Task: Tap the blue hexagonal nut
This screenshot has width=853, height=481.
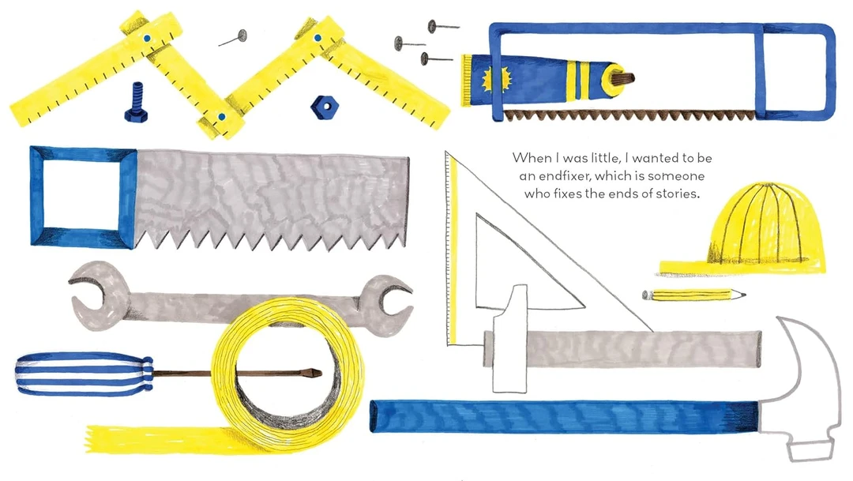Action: point(325,107)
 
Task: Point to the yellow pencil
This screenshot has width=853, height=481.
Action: point(693,295)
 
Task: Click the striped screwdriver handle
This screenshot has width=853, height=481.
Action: point(85,374)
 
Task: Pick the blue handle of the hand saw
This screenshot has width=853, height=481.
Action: point(83,197)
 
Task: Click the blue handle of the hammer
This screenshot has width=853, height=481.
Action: point(564,417)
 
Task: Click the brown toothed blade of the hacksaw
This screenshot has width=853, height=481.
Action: point(629,115)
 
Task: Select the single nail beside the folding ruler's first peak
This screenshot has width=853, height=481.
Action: point(233,38)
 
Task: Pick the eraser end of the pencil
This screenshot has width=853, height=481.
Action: point(646,295)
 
